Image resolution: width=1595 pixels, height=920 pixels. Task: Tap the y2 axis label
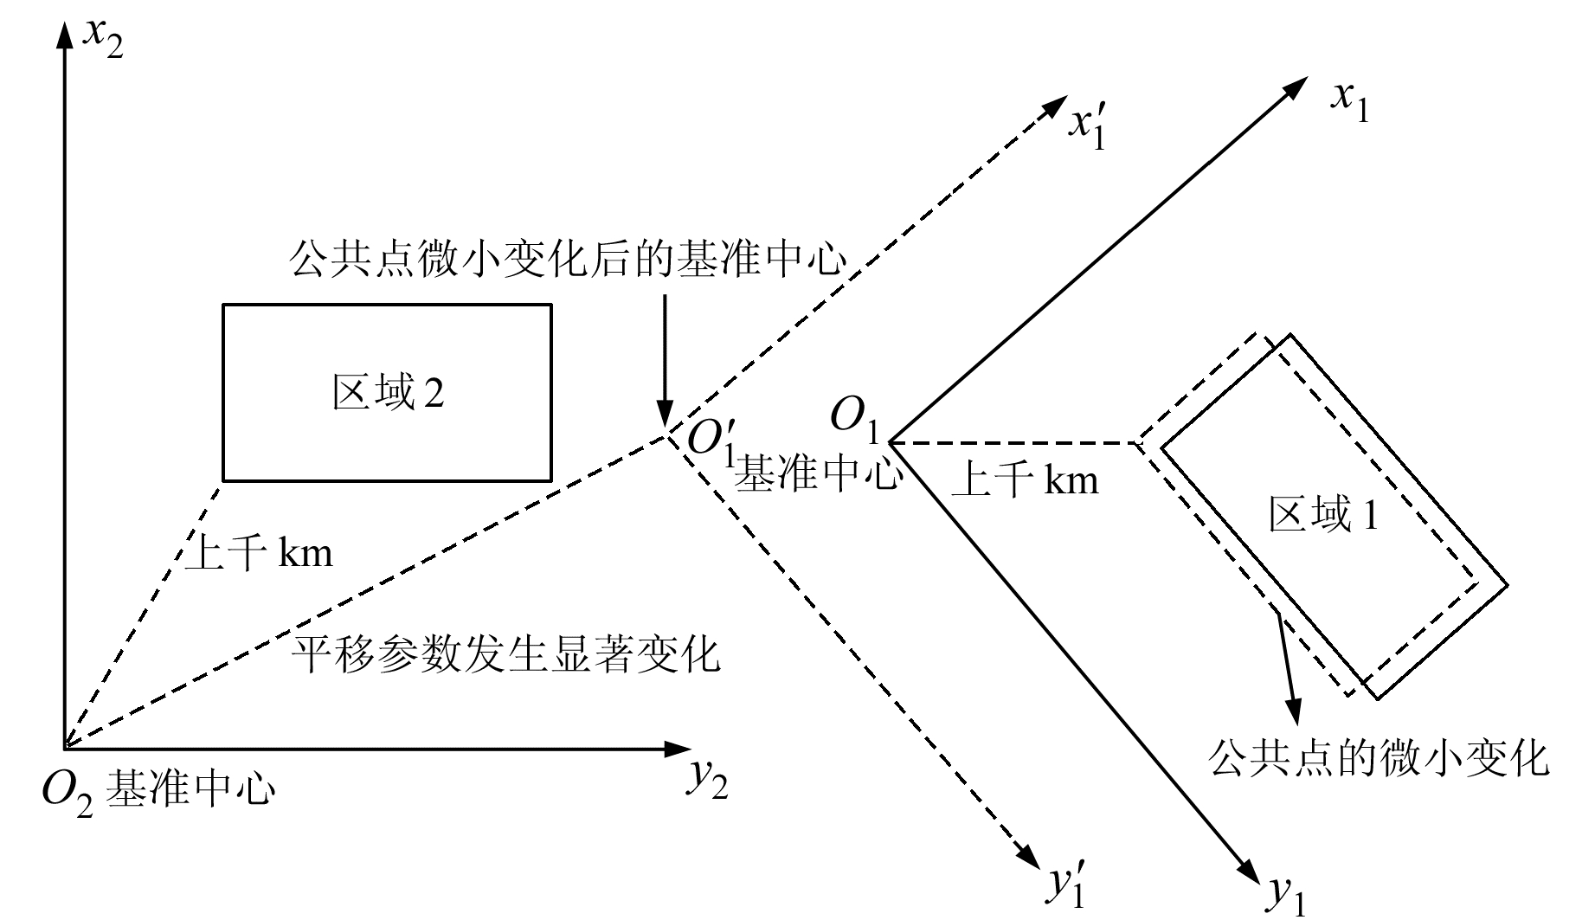tap(708, 780)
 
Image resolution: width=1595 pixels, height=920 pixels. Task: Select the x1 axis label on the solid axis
tap(1349, 102)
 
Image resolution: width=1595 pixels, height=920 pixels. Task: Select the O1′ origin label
tap(710, 439)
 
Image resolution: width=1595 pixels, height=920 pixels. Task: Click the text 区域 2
tap(388, 394)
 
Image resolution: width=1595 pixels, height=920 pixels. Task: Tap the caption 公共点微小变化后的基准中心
tap(567, 259)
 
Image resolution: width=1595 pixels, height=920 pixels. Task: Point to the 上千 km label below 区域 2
tap(259, 551)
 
